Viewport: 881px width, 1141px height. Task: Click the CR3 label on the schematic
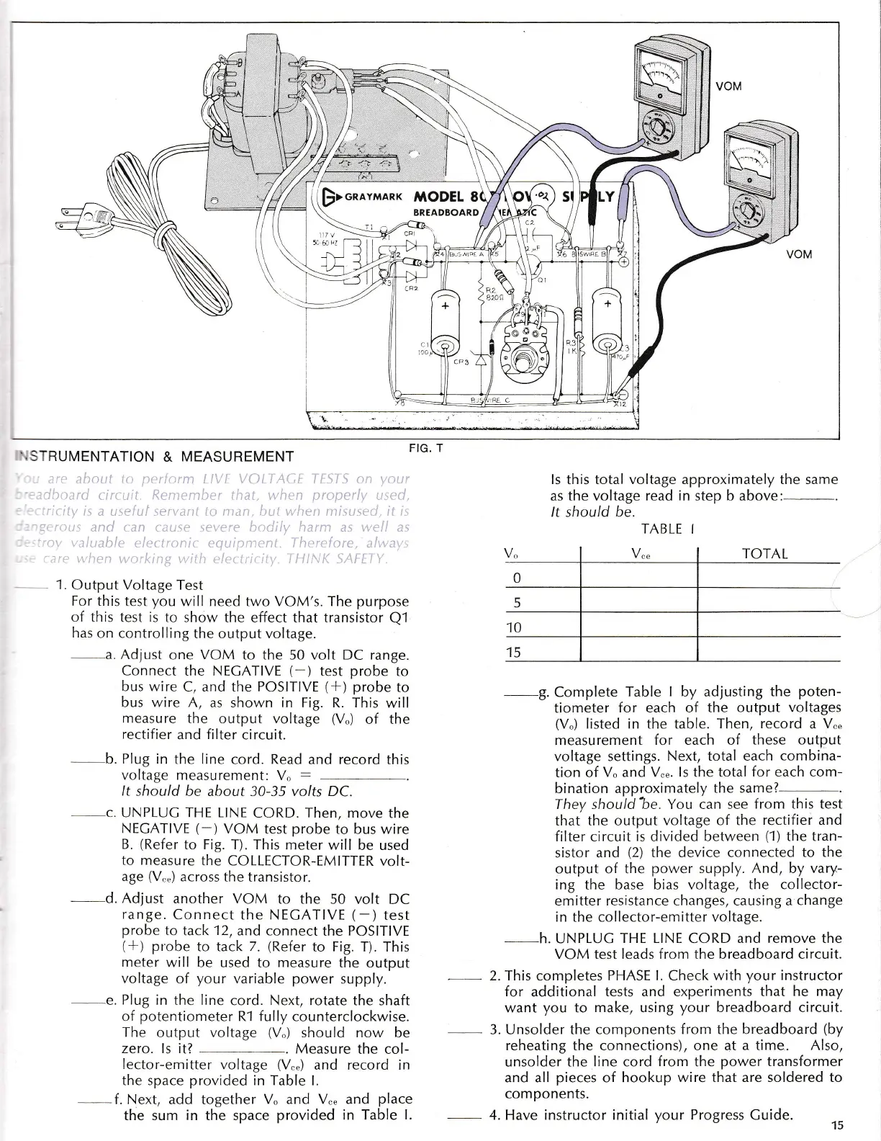click(461, 363)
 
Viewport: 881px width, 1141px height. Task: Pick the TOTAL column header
click(764, 554)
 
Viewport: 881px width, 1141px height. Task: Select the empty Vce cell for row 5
click(638, 601)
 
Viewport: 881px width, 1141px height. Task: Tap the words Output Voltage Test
click(137, 585)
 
